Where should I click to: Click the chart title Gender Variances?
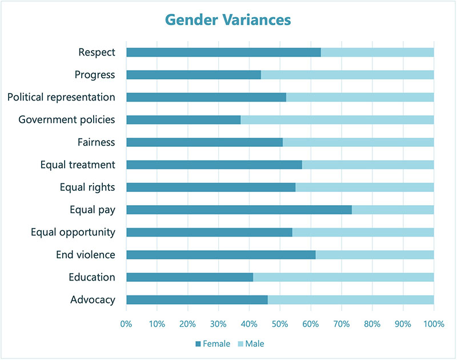pos(228,19)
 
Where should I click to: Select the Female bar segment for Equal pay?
pos(239,210)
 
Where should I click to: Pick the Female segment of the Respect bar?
pos(223,53)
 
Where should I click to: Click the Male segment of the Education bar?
pos(343,277)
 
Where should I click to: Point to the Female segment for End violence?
pos(221,255)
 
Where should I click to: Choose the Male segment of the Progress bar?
pos(347,75)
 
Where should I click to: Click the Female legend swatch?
pos(198,343)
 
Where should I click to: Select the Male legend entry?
pos(251,343)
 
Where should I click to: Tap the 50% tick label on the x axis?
pos(280,324)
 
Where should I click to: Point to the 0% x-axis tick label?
pos(126,324)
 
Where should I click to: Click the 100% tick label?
pos(434,324)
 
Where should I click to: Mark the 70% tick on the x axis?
pos(342,324)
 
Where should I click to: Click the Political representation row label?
pos(61,97)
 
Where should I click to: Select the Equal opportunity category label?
pos(73,232)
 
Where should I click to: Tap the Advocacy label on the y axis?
pos(93,300)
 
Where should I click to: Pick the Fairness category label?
pos(96,142)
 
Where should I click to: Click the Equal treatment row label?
pos(78,165)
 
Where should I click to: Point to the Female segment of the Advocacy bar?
pos(197,300)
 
